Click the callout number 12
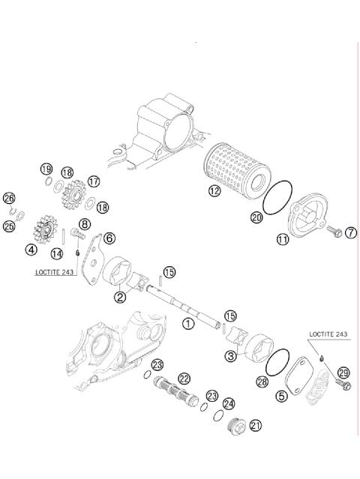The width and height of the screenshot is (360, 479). pos(214,191)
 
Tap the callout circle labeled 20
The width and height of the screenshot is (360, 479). pos(256,218)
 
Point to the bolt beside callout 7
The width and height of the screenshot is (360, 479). pos(335,232)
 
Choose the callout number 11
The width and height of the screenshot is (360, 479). pos(283,240)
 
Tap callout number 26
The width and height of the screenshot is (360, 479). pos(9,199)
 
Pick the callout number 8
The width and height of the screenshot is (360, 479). pos(85,223)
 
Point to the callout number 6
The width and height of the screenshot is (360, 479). pos(109,238)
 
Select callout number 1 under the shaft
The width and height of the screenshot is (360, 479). pos(187,323)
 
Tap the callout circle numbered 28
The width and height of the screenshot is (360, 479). pos(262,382)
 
